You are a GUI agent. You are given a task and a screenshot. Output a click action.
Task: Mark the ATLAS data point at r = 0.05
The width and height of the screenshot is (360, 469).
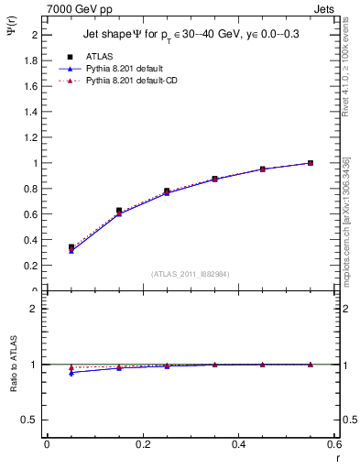pos(71,247)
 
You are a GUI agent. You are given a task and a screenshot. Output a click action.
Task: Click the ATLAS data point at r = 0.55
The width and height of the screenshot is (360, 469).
pos(311,163)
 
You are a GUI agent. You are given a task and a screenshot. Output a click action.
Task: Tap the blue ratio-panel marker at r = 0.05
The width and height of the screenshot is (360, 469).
pos(71,372)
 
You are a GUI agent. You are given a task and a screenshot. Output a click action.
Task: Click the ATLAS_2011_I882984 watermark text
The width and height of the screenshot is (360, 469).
pos(190,274)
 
